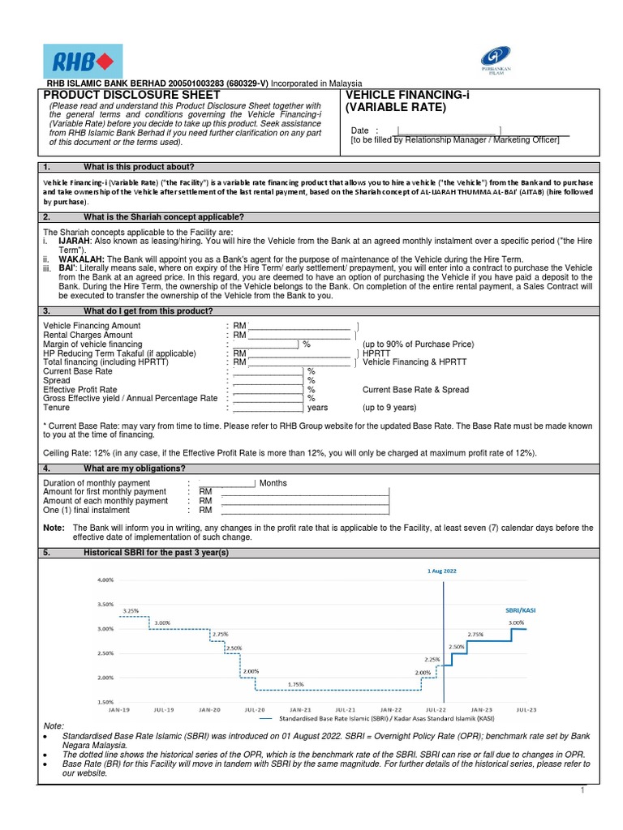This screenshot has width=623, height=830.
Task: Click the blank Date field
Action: (x=448, y=130)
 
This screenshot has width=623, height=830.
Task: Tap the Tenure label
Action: (x=56, y=408)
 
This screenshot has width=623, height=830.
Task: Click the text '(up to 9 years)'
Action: (x=389, y=408)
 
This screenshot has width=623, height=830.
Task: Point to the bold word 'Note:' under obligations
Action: (x=54, y=528)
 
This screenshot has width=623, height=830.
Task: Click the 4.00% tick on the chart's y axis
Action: (x=105, y=580)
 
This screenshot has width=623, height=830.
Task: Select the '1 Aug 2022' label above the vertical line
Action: (x=442, y=571)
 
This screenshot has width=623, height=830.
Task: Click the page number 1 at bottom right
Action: (x=582, y=790)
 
